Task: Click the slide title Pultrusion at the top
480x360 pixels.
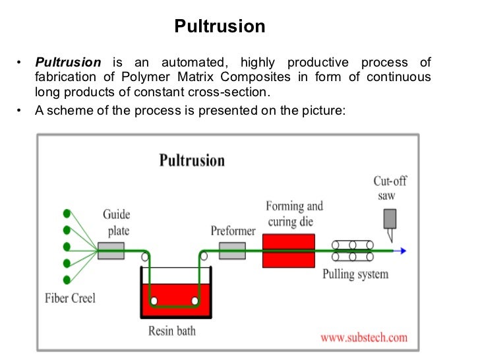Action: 220,27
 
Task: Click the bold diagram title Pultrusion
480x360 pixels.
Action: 192,161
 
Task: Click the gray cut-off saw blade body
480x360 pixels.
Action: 390,218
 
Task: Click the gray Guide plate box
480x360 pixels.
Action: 111,250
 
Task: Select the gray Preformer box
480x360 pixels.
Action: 232,250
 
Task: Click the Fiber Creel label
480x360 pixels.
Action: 70,298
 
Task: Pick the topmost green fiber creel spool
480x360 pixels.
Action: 67,214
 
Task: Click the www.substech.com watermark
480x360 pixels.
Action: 364,338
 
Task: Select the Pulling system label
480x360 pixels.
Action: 355,274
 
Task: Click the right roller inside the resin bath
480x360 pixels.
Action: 195,301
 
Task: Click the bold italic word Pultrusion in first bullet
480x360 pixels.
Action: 69,63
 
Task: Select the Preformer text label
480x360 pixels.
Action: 233,231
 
